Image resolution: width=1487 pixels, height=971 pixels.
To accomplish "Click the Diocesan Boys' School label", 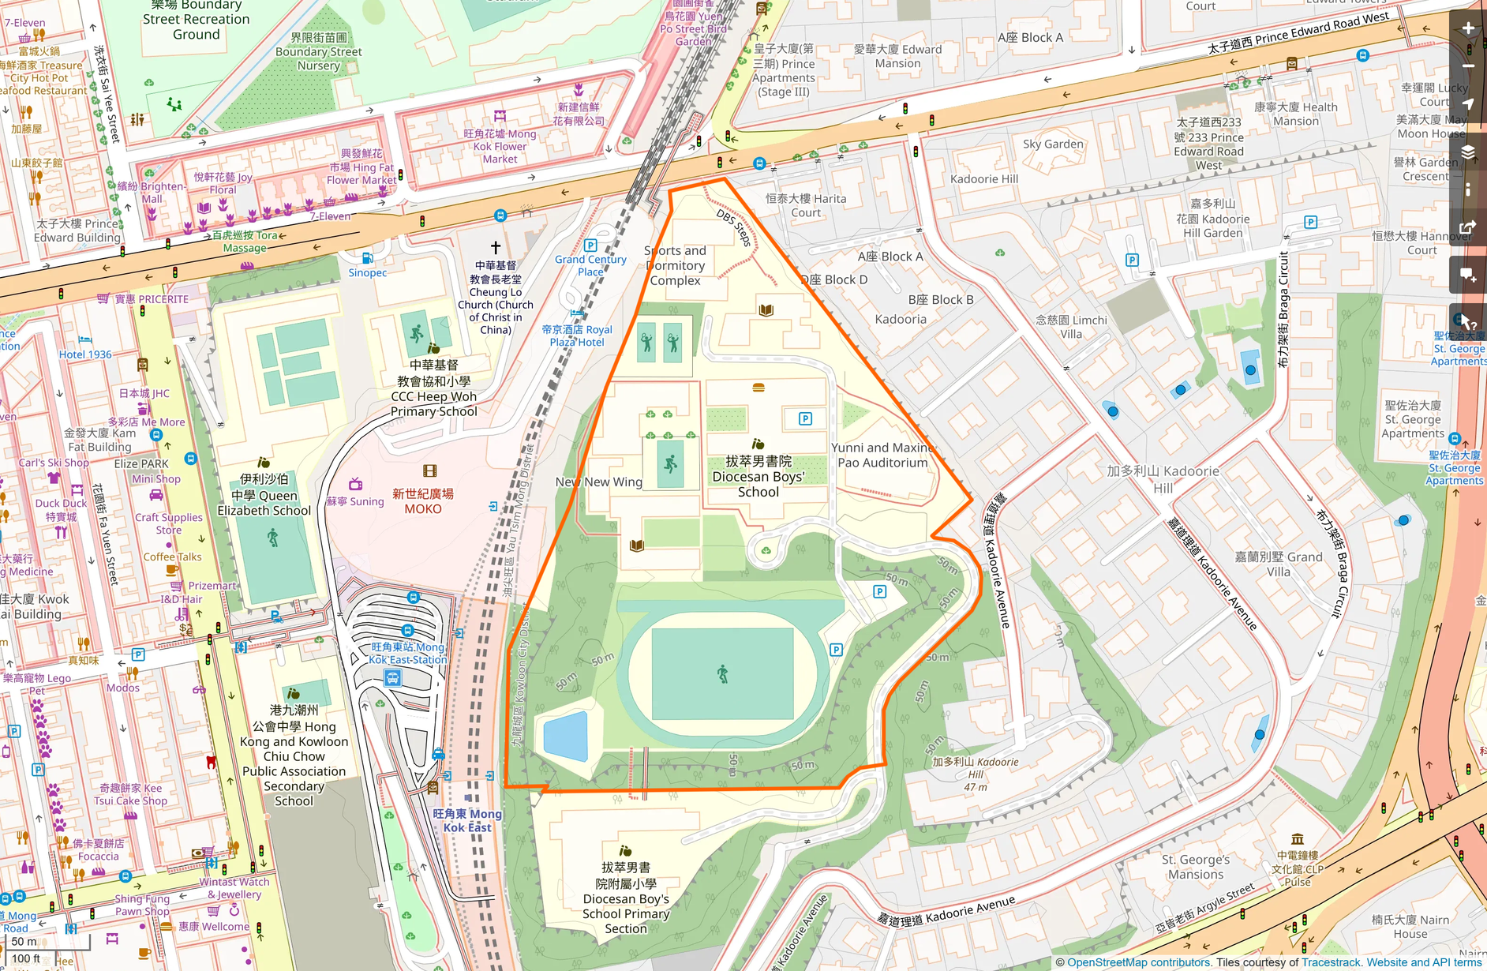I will (758, 476).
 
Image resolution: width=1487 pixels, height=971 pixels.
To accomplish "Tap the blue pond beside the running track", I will (566, 735).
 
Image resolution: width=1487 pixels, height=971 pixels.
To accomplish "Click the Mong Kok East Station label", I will (407, 654).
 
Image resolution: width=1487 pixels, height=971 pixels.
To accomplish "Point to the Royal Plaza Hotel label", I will (577, 336).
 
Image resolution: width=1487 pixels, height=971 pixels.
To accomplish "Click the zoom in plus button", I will (1468, 28).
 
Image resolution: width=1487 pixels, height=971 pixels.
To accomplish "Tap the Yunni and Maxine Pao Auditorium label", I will (882, 455).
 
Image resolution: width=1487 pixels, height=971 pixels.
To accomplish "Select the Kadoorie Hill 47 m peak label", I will (976, 774).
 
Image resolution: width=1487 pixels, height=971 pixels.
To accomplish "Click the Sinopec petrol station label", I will (368, 272).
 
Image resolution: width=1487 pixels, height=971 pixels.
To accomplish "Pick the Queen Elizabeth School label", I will (264, 495).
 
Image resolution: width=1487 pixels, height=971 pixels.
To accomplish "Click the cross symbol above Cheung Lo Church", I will (496, 248).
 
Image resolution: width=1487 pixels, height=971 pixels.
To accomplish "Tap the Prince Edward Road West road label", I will (1298, 33).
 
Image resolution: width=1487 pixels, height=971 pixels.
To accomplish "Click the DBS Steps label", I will (734, 227).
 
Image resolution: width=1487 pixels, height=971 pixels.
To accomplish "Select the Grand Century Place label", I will (590, 265).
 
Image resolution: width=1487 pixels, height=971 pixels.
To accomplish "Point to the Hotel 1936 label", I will (85, 354).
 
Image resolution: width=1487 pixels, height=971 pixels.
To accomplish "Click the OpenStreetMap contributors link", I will (1138, 962).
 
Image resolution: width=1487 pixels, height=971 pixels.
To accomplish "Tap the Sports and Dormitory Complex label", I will (675, 265).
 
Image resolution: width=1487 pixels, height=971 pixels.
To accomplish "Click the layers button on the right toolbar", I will (1468, 152).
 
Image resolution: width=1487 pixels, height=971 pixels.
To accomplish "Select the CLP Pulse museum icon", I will (1297, 839).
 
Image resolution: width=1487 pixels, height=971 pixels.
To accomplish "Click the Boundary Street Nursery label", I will (318, 51).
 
